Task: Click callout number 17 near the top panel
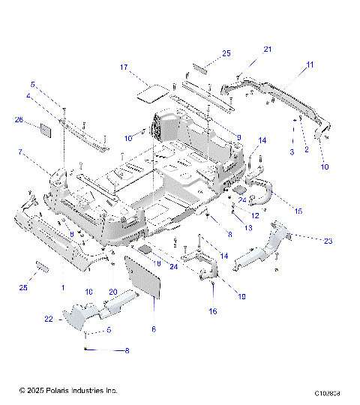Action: click(x=125, y=67)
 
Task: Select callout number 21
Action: click(x=267, y=49)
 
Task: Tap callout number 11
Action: click(x=308, y=66)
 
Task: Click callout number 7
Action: click(x=20, y=153)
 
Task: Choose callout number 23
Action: click(x=328, y=241)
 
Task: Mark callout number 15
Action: click(x=298, y=212)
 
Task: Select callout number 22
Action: click(x=49, y=319)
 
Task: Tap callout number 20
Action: click(x=113, y=292)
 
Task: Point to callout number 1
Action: click(x=63, y=288)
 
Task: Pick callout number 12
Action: click(x=255, y=216)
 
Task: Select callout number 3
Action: click(x=292, y=152)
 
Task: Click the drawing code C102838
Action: click(x=328, y=392)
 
